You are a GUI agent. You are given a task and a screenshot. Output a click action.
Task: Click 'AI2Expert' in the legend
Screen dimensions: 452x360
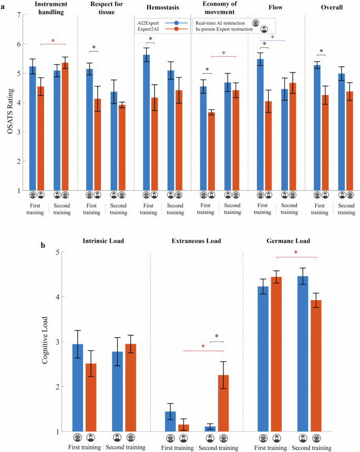coord(149,23)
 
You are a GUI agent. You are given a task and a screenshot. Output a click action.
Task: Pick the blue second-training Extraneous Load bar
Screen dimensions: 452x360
coord(210,428)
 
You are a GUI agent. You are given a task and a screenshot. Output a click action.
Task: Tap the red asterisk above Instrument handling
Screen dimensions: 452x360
coord(53,41)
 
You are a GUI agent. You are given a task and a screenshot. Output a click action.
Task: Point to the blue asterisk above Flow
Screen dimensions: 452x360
coord(272,38)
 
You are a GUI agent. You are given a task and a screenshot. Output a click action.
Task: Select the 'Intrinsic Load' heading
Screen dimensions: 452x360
coord(103,241)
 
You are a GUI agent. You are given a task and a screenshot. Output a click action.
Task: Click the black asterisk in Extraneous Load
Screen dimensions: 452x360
coord(217,337)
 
